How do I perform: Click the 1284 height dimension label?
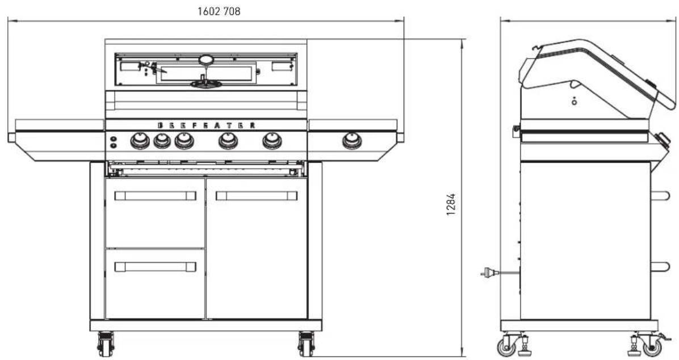[451, 204]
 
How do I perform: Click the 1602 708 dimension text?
[219, 11]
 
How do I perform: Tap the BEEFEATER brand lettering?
[206, 125]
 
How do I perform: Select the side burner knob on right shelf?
[351, 141]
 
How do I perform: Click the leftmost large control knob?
[140, 141]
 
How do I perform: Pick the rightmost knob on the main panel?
[272, 141]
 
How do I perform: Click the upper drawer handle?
[155, 196]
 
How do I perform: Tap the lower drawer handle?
[155, 267]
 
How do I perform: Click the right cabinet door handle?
[257, 196]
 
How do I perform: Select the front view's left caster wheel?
[105, 345]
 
